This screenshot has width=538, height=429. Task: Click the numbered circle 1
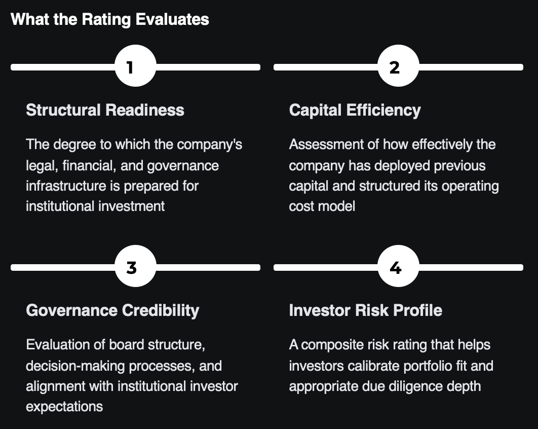click(x=135, y=66)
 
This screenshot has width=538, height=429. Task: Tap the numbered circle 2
click(x=398, y=66)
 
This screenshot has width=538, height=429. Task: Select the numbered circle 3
click(x=135, y=267)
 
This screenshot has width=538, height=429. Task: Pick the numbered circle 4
click(x=398, y=267)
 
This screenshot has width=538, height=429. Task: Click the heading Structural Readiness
click(x=105, y=110)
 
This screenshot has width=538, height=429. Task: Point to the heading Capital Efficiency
click(x=355, y=110)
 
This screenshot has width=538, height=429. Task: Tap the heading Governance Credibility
click(x=112, y=310)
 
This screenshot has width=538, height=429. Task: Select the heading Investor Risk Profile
click(x=365, y=310)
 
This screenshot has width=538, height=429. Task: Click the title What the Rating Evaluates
click(x=110, y=19)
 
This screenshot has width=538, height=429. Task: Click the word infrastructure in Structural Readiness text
click(x=61, y=186)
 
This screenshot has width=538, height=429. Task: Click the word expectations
click(x=64, y=406)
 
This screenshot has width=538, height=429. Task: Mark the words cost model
click(x=322, y=206)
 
